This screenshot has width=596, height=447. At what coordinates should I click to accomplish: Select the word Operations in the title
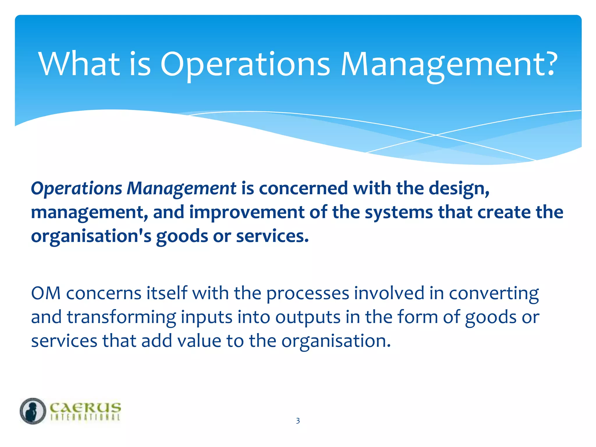click(x=245, y=65)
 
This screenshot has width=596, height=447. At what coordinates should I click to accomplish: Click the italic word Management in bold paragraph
click(x=181, y=189)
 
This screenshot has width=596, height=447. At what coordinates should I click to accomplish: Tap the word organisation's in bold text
click(x=91, y=236)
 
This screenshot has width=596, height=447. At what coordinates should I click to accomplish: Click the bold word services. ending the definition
click(x=272, y=236)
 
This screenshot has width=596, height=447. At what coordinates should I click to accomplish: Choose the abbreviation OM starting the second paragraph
click(x=46, y=293)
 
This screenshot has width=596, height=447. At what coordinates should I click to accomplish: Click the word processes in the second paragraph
click(x=308, y=294)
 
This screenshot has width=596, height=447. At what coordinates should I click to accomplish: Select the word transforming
click(x=121, y=317)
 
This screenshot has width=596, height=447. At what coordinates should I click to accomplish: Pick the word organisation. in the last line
click(x=336, y=341)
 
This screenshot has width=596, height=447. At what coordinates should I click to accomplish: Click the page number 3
click(x=298, y=421)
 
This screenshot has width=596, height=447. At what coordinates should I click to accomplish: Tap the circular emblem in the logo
click(x=33, y=411)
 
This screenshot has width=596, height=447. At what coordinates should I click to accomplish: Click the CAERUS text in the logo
click(x=85, y=407)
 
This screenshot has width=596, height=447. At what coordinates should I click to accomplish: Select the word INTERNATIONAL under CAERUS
click(x=85, y=417)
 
